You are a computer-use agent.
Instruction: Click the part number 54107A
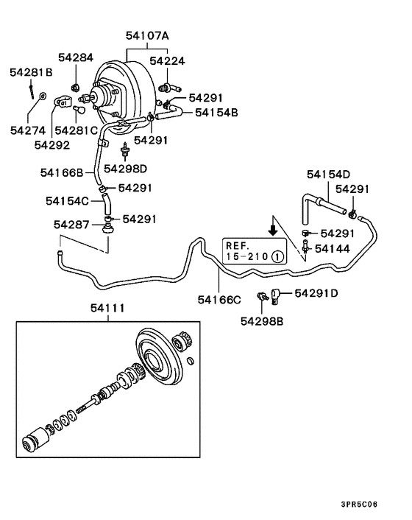click(x=146, y=35)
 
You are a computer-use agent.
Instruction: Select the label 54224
click(x=168, y=61)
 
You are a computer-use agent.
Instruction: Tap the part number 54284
click(x=78, y=57)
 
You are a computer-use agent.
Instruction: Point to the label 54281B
click(x=31, y=72)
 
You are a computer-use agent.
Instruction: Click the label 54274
click(x=28, y=130)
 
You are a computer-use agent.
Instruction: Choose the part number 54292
click(x=51, y=144)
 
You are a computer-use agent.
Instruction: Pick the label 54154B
click(x=216, y=112)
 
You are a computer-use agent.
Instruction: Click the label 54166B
click(x=62, y=172)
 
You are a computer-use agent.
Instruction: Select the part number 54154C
click(x=67, y=200)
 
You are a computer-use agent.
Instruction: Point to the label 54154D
click(x=328, y=175)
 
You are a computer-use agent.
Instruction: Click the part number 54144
click(x=335, y=250)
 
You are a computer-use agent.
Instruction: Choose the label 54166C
click(x=219, y=299)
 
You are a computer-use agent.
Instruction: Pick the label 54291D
click(x=316, y=293)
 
